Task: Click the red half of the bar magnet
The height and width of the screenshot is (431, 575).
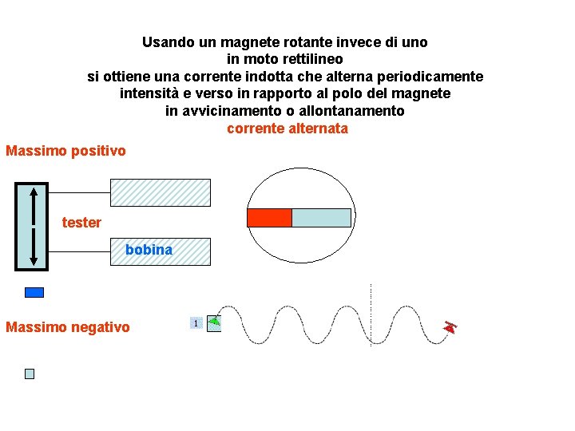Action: (x=269, y=218)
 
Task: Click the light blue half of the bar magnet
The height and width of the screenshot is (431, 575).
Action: (x=321, y=218)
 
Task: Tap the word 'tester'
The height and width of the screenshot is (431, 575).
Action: (x=81, y=223)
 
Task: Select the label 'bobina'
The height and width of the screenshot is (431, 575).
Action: (x=149, y=250)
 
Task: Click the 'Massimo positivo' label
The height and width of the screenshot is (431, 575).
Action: (x=65, y=151)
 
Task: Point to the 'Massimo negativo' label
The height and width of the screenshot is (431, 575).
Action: (x=67, y=327)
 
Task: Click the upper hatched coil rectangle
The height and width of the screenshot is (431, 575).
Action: (x=161, y=193)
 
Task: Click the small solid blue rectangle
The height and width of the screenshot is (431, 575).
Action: (x=34, y=293)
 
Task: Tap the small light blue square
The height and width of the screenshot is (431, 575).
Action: (x=30, y=374)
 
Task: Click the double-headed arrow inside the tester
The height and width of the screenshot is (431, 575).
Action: (x=32, y=227)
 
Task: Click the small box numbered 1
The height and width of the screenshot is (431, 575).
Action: (x=194, y=322)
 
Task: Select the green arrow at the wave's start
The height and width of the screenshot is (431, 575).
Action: (x=214, y=322)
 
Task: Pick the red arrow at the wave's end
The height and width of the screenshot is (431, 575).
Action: (x=450, y=326)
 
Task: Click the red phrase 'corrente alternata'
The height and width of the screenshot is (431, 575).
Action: (x=287, y=129)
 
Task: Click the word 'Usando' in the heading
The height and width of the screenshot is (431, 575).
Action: (x=167, y=42)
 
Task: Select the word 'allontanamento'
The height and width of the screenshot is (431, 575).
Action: (x=351, y=111)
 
